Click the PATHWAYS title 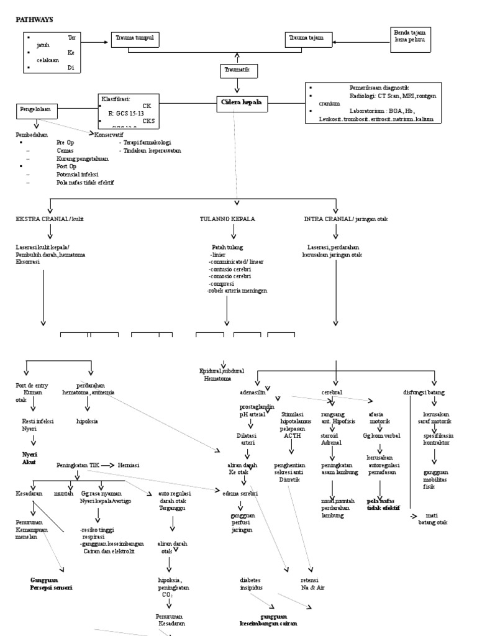point(34,19)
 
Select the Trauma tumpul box point(135,39)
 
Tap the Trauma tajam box point(307,39)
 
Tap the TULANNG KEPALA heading point(227,219)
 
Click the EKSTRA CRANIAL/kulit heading point(49,219)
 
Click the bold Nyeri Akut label point(30,458)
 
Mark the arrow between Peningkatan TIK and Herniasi point(109,465)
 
